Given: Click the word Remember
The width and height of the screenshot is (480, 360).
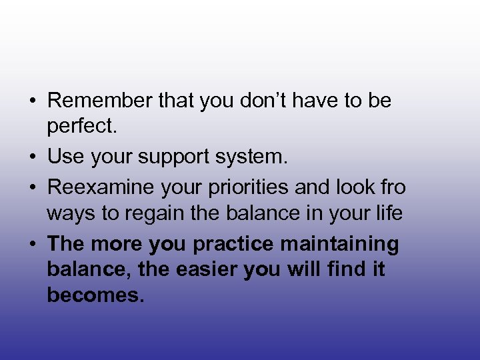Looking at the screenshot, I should pos(101,101).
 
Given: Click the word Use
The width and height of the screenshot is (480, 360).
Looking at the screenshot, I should pos(65,157).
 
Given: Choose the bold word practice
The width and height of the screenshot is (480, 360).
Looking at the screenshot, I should pos(233,245).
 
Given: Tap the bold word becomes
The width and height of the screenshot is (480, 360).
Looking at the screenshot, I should pos(95,295).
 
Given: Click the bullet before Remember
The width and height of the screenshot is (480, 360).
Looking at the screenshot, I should pos(32,101).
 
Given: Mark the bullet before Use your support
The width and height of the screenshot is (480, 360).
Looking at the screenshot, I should pos(32,158).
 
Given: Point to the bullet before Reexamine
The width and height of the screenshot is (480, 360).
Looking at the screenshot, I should pos(32,188).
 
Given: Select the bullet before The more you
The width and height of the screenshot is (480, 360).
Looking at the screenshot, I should pos(32,245).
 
